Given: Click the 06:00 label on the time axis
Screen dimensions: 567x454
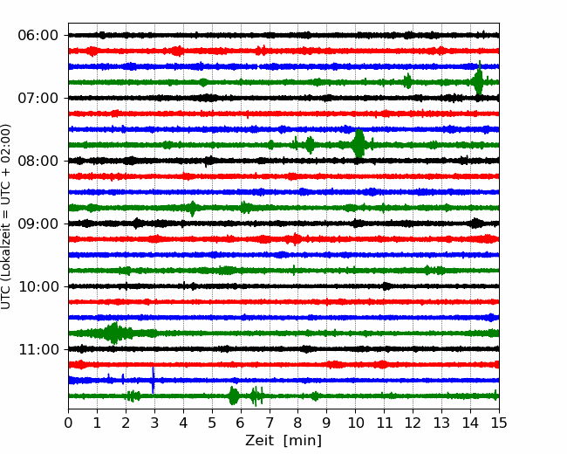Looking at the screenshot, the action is click(x=38, y=36).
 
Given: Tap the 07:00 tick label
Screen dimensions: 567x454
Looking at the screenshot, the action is click(x=38, y=98).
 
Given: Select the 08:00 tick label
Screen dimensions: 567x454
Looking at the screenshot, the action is click(x=38, y=161).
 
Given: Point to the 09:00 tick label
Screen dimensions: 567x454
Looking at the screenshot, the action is click(x=38, y=224).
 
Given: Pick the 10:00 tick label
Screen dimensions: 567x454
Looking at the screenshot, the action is click(x=38, y=286).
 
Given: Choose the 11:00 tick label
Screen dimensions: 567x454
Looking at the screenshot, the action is click(x=38, y=349).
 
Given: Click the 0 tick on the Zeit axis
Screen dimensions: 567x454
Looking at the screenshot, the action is click(x=68, y=423).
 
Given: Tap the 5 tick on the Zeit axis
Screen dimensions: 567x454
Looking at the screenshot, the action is click(x=212, y=423).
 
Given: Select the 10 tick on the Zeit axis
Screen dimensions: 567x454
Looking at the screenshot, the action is click(x=355, y=423).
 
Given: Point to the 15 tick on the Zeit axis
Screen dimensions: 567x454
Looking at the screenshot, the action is click(x=499, y=423).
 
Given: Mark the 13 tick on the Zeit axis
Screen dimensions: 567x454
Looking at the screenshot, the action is click(x=441, y=423).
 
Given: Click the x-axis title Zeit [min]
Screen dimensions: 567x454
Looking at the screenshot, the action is click(x=283, y=441).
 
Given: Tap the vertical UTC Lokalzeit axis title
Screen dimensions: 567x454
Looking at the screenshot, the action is click(x=6, y=217).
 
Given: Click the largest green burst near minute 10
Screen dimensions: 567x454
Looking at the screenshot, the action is click(x=359, y=144).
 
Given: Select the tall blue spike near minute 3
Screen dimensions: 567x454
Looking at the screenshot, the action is click(x=153, y=380).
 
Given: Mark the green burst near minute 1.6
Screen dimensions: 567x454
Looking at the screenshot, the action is click(x=113, y=333).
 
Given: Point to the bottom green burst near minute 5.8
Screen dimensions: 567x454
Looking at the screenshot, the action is click(x=234, y=396).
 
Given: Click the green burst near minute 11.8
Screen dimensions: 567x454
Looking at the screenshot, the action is click(x=407, y=81).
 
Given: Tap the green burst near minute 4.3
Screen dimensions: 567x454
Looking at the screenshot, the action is click(x=193, y=208).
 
